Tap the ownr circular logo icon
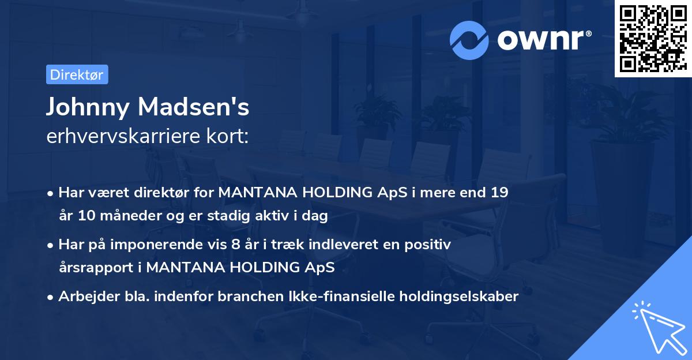tap(469, 40)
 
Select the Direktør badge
tap(77, 74)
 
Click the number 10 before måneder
tap(84, 216)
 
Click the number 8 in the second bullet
tap(235, 245)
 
